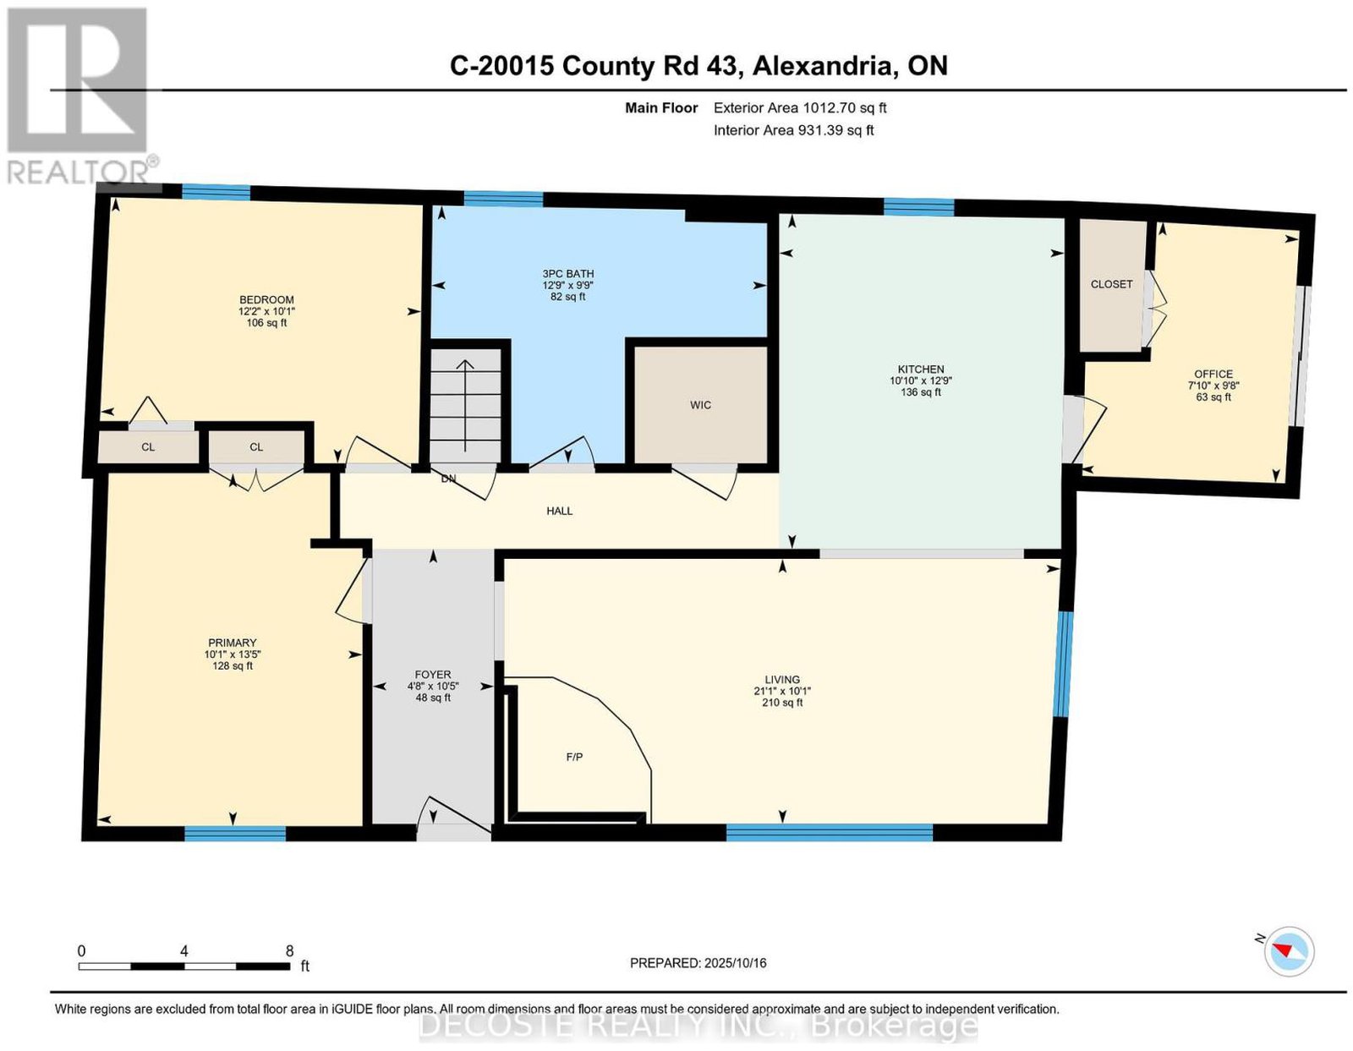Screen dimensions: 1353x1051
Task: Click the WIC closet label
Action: tap(700, 405)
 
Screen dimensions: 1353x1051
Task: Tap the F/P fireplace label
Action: tap(574, 758)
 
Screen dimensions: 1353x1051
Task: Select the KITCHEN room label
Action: tap(920, 369)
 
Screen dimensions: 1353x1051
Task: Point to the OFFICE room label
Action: tap(1213, 374)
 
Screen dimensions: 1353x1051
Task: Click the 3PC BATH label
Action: tap(567, 274)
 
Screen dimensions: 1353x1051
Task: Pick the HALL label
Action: tap(559, 511)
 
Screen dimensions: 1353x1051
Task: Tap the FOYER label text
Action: tap(433, 675)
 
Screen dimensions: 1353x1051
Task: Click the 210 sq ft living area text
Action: tap(782, 703)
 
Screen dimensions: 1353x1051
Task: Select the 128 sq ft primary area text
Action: tap(233, 665)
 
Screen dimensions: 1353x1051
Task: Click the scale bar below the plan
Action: tap(184, 966)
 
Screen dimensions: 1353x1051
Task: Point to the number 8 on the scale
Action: tap(289, 951)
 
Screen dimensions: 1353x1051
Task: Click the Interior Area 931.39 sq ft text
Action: tap(794, 131)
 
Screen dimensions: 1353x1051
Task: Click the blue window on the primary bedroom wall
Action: tap(235, 833)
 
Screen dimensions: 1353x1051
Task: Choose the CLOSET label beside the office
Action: tap(1111, 284)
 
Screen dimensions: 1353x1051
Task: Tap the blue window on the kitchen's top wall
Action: tap(919, 206)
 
